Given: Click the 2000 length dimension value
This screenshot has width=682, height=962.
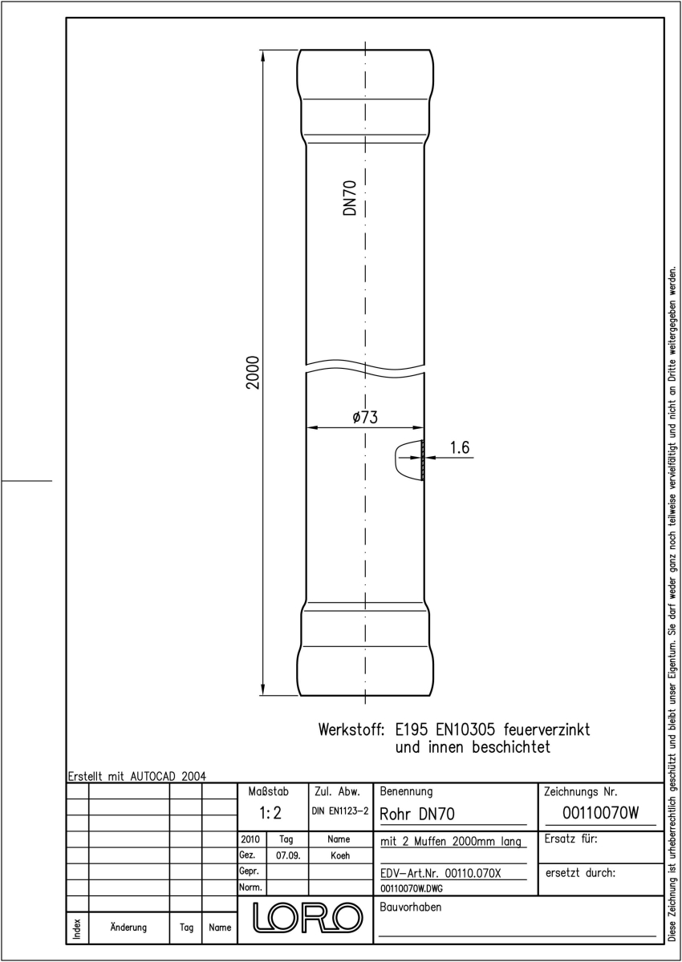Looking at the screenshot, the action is click(x=253, y=372).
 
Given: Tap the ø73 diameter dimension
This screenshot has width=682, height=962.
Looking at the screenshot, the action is click(x=365, y=417).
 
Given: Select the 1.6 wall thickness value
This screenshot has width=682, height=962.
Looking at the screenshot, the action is click(x=460, y=447).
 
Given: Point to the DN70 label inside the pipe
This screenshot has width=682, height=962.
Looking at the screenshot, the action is click(x=350, y=198).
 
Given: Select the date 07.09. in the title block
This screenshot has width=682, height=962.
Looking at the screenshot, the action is click(x=288, y=855).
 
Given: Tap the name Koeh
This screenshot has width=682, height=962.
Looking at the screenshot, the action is click(x=340, y=855).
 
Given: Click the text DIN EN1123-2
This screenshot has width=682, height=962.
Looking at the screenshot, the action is click(x=340, y=811).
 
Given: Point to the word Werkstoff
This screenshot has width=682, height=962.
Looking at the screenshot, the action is click(x=351, y=730).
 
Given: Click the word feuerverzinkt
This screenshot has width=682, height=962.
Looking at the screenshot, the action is click(x=546, y=730).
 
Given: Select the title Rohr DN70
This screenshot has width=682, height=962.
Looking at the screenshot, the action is click(x=417, y=814).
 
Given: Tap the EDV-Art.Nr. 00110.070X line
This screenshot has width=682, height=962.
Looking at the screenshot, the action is click(x=440, y=873).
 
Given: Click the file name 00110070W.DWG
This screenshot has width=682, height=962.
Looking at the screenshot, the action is click(x=412, y=888).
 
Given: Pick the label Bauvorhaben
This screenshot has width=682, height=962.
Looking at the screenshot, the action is click(x=410, y=907).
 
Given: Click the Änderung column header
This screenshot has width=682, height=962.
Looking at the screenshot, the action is click(x=128, y=927).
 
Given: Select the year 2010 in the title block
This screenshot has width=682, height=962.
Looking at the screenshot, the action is click(x=250, y=839).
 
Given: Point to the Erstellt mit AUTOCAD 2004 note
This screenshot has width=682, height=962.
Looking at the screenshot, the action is click(x=137, y=776).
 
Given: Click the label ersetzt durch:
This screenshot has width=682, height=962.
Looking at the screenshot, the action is click(x=580, y=873).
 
